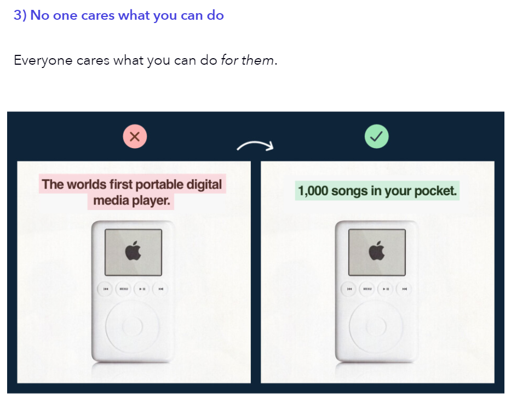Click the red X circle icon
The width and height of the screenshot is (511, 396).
pyautogui.click(x=135, y=137)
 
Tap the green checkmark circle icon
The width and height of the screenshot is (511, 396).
pyautogui.click(x=376, y=137)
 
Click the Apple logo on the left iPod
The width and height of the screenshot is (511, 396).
pyautogui.click(x=133, y=251)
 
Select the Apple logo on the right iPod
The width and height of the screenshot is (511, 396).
pyautogui.click(x=377, y=251)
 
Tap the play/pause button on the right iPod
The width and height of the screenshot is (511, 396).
pyautogui.click(x=386, y=289)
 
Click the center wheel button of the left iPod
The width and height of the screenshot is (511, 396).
pyautogui.click(x=133, y=326)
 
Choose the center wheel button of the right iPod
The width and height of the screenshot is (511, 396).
pyautogui.click(x=376, y=326)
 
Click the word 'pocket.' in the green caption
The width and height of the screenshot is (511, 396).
pyautogui.click(x=435, y=191)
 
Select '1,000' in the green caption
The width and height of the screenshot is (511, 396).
pyautogui.click(x=313, y=191)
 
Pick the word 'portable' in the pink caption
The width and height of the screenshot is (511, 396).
pyautogui.click(x=159, y=185)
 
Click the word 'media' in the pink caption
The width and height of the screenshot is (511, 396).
pyautogui.click(x=111, y=200)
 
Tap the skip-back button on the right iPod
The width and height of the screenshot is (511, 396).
pyautogui.click(x=349, y=289)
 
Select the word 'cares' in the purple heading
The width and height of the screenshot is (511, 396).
pyautogui.click(x=98, y=16)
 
